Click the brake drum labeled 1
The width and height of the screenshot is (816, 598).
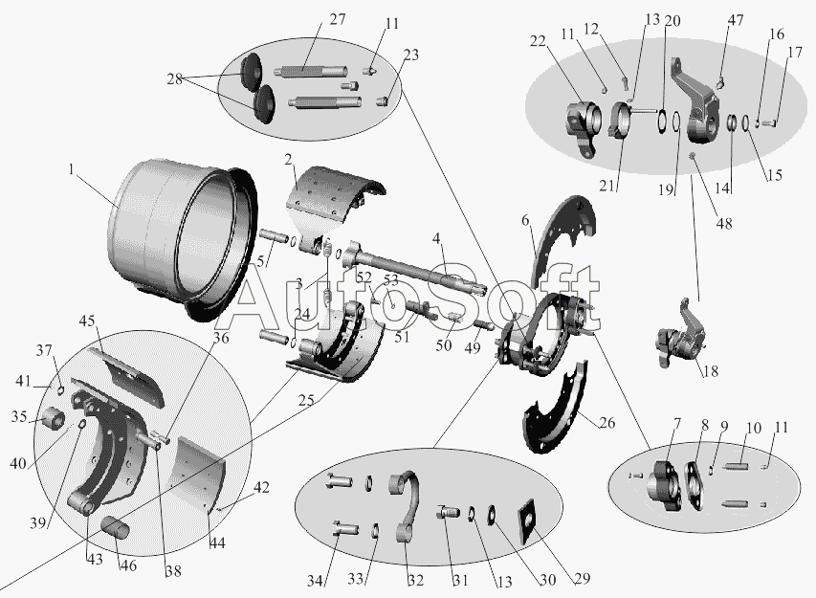point(182,239)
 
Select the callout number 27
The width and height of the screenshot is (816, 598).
point(338,19)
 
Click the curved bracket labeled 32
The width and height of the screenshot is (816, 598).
point(406,505)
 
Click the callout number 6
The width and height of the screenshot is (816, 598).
point(525,221)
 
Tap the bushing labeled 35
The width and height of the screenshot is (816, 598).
point(53,418)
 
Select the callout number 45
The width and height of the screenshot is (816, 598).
point(87,321)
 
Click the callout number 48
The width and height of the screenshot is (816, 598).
point(724,223)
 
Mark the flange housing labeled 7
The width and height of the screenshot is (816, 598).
point(663,486)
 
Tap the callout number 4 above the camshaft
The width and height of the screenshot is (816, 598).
point(436,239)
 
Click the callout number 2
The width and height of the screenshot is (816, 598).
point(289,161)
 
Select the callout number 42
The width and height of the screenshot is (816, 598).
point(261,488)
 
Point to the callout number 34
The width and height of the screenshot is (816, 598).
point(315,581)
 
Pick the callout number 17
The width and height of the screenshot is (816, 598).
point(795,53)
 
